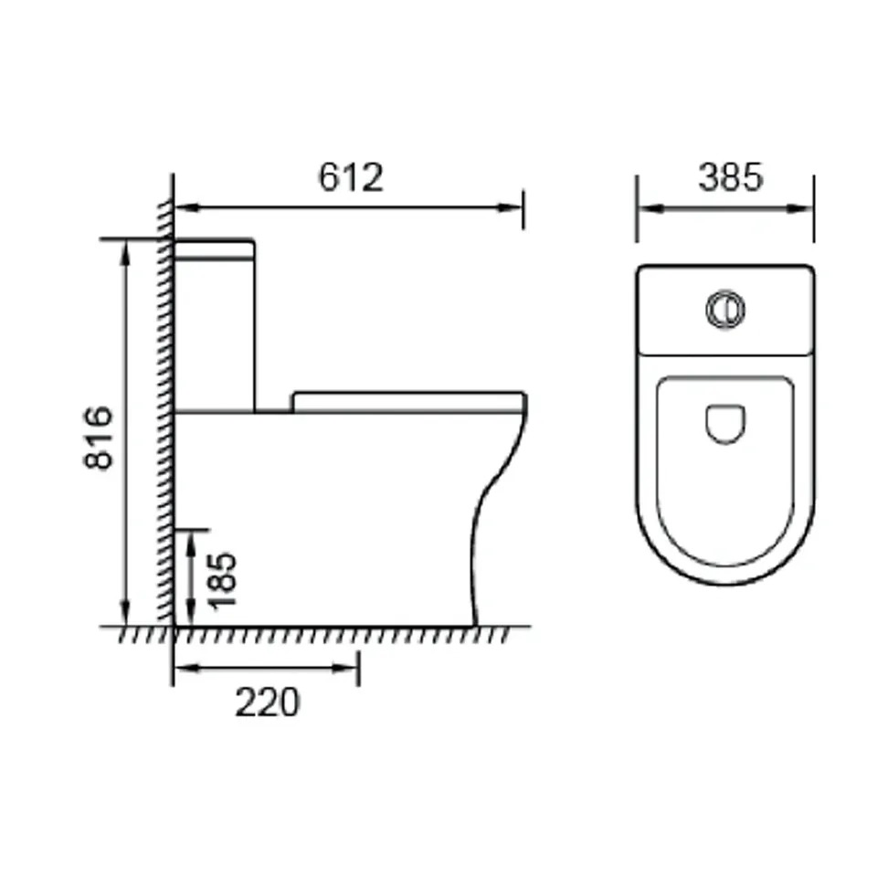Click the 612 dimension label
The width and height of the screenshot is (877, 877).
pyautogui.click(x=351, y=177)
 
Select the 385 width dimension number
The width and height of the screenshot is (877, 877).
pyautogui.click(x=729, y=177)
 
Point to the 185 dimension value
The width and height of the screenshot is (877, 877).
pyautogui.click(x=222, y=579)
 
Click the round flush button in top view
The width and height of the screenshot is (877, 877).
pyautogui.click(x=724, y=310)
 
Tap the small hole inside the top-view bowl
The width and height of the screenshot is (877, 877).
pyautogui.click(x=725, y=425)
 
